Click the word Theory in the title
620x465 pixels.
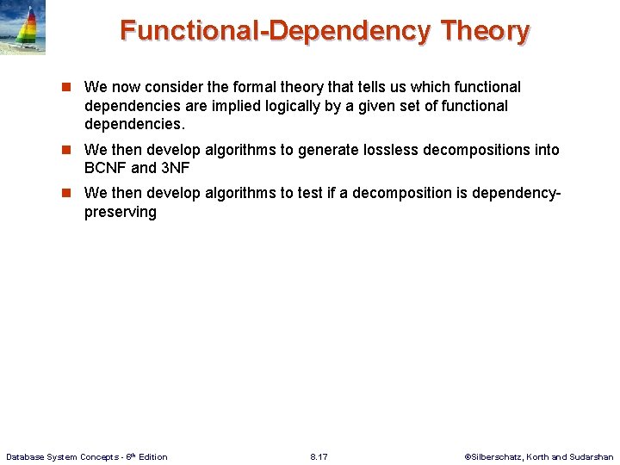click(485, 31)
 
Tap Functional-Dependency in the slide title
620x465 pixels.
click(275, 31)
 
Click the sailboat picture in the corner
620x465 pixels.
click(23, 28)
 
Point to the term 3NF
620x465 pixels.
click(175, 168)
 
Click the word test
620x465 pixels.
click(313, 193)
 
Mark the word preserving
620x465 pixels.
click(121, 212)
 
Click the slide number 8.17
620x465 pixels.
click(319, 456)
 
